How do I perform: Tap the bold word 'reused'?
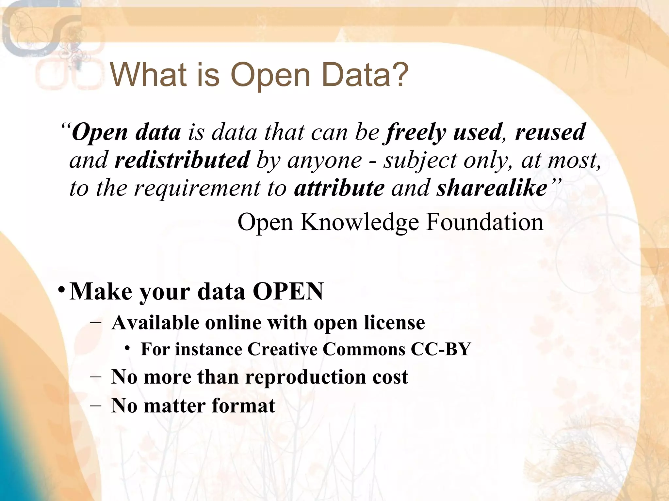pos(550,132)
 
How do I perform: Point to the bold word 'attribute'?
pos(339,188)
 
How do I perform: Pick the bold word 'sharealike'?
pos(492,188)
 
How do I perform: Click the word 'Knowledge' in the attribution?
pos(359,222)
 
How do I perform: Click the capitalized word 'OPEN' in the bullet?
pos(288,291)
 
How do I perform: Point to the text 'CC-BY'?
pos(441,349)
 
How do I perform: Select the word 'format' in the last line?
pos(243,406)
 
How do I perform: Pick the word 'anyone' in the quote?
pos(325,160)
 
